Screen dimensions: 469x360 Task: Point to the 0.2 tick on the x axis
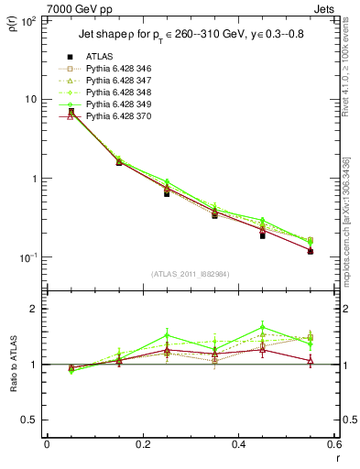pyautogui.click(x=142, y=444)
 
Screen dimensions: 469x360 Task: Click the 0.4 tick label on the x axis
pyautogui.click(x=238, y=444)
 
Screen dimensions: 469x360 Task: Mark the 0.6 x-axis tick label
pyautogui.click(x=334, y=444)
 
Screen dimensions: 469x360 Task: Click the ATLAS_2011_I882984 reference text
pyautogui.click(x=191, y=275)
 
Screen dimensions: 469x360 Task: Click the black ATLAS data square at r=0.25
pyautogui.click(x=167, y=193)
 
